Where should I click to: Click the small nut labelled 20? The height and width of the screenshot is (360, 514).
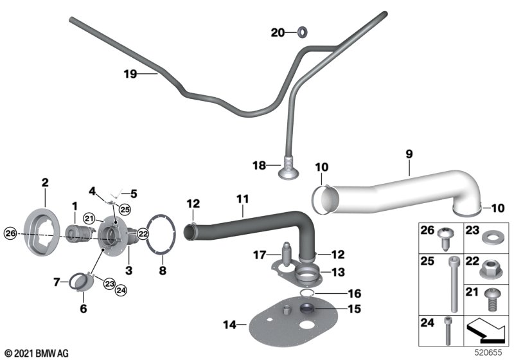(x=302, y=32)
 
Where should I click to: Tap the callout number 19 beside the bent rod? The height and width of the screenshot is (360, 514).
(x=130, y=74)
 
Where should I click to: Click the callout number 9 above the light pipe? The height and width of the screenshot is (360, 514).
(x=409, y=154)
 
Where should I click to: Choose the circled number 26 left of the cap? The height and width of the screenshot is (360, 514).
(x=10, y=232)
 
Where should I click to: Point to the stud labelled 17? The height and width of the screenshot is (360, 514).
(x=285, y=248)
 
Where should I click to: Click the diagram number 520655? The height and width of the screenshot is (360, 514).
(x=493, y=353)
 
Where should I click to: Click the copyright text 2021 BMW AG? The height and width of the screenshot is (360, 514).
(x=37, y=353)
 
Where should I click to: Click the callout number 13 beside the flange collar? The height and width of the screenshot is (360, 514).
(x=338, y=272)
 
